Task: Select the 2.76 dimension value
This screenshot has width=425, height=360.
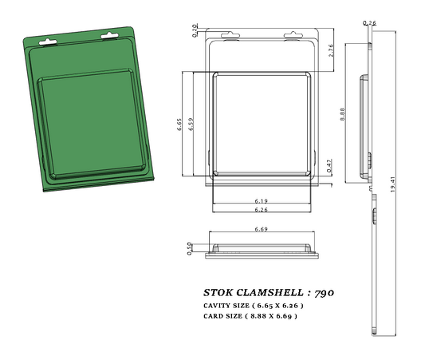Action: (x=332, y=49)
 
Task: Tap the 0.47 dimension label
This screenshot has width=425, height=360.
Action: (x=329, y=164)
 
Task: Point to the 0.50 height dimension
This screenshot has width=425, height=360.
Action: (x=190, y=248)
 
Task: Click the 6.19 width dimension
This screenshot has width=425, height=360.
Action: (x=261, y=200)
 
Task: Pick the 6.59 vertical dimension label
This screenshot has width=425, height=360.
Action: (x=191, y=125)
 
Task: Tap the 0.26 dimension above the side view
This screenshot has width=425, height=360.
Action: (x=370, y=22)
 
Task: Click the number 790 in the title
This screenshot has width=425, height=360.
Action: (x=324, y=293)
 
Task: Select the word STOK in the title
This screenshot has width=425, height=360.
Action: (x=218, y=293)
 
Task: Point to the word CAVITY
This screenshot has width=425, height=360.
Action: (x=219, y=306)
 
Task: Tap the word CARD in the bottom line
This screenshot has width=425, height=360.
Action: (x=214, y=316)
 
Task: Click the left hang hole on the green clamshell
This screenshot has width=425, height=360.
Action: (x=51, y=37)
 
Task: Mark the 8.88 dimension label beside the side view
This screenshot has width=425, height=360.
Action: (x=341, y=113)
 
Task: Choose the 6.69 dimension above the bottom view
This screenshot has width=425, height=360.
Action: (x=260, y=229)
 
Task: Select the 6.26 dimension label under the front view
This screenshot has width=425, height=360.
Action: (x=261, y=210)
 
